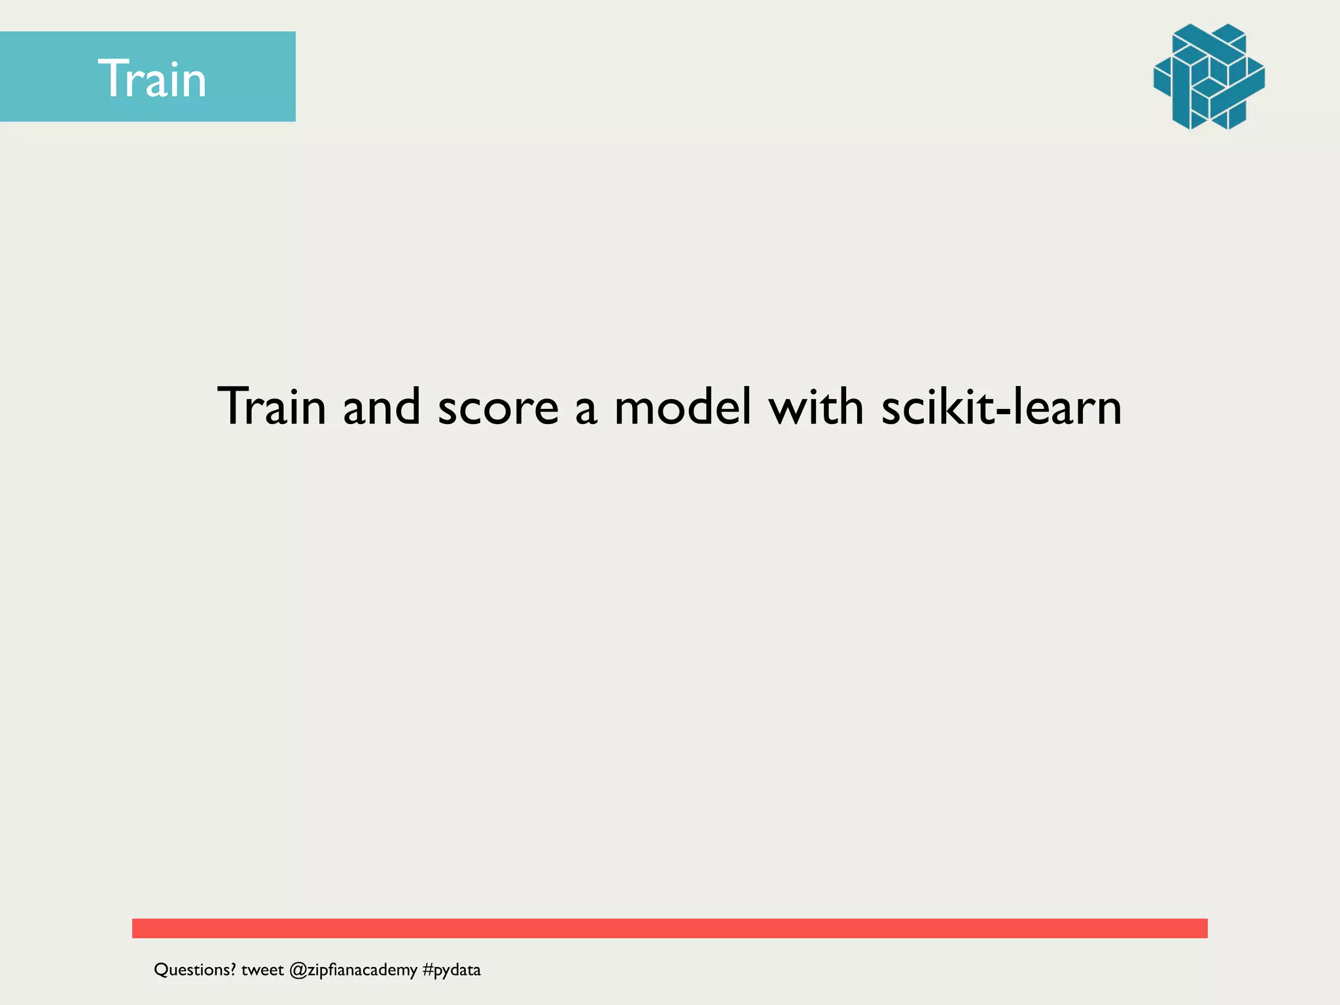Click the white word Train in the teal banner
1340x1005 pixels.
pos(152,79)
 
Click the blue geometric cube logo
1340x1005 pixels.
pos(1208,77)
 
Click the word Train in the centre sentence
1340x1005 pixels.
pos(272,406)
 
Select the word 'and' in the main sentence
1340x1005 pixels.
pos(381,406)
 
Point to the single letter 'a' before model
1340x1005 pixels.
pos(586,411)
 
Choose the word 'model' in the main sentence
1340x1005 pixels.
pos(682,406)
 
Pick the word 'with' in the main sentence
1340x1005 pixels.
pos(816,406)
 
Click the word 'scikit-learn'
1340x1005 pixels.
pos(1001,406)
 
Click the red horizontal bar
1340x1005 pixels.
pos(669,928)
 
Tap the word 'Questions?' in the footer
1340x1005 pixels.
pos(194,970)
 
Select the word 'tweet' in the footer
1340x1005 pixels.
pos(262,970)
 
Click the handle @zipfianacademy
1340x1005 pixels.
pos(353,970)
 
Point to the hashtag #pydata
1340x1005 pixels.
pos(451,970)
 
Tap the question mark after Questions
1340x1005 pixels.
pos(232,969)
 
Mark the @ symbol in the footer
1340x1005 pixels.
pos(298,970)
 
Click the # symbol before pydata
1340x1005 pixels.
pos(428,970)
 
